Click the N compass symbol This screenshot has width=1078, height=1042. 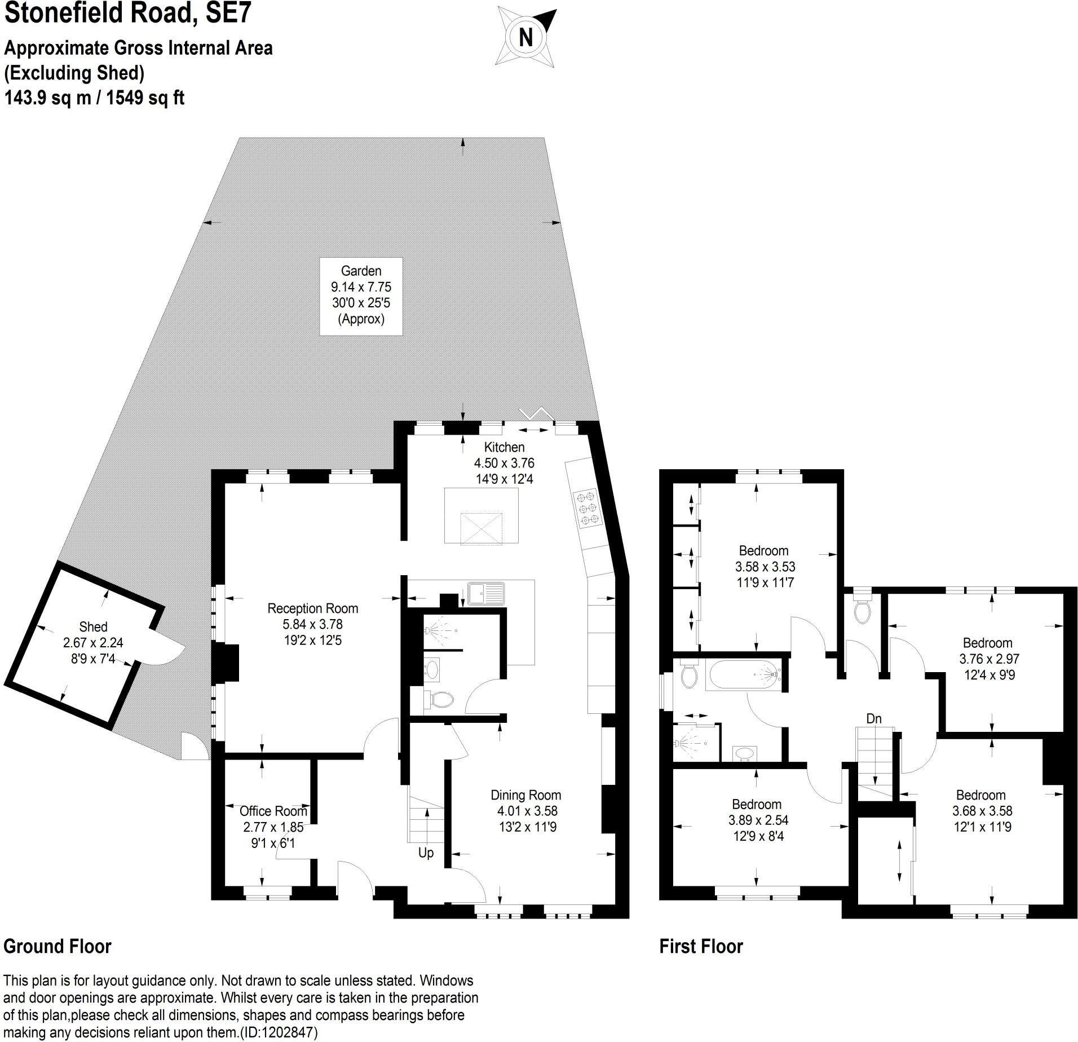click(526, 38)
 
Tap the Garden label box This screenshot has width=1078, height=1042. click(361, 295)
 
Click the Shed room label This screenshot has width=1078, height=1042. click(93, 642)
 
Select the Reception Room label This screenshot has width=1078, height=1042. click(312, 624)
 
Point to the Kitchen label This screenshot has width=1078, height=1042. click(504, 462)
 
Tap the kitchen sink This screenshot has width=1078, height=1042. click(487, 593)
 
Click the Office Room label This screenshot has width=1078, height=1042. click(273, 826)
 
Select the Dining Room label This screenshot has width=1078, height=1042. click(525, 810)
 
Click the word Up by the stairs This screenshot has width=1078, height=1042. click(426, 853)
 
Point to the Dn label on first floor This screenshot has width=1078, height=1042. click(873, 718)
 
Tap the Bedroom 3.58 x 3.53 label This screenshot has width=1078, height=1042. click(763, 566)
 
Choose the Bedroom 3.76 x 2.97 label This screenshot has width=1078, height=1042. click(987, 659)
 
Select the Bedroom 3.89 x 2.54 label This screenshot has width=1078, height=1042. click(756, 820)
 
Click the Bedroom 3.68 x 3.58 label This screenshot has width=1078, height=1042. click(981, 811)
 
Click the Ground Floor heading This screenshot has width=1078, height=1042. click(58, 946)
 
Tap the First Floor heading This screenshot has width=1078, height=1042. click(701, 946)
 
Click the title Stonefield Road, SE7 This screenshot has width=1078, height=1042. click(127, 14)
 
